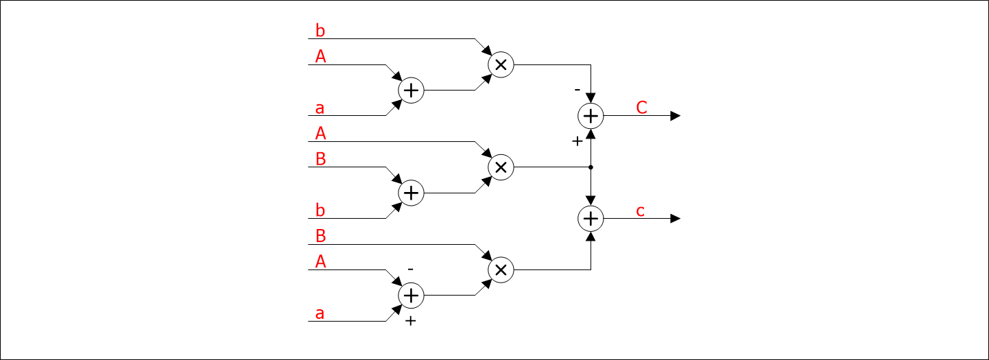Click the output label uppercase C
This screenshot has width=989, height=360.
coord(642,108)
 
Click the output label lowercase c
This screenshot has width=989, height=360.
coord(641,211)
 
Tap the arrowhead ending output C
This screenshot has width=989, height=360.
coord(676,116)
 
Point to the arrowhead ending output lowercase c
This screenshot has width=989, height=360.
coord(676,219)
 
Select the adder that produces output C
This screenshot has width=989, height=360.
coord(591,116)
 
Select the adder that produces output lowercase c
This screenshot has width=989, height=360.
coord(591,219)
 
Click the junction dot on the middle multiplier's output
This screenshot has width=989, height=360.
coord(591,167)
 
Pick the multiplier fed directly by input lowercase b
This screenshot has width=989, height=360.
coord(501,64)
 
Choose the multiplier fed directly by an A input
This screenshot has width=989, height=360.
coord(501,167)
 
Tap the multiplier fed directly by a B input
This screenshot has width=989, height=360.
coord(501,270)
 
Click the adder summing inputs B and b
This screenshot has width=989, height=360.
coord(411,193)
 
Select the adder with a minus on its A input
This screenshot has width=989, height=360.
coord(411,296)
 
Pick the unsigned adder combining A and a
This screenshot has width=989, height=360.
coord(411,90)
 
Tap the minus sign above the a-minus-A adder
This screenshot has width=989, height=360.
coord(410,269)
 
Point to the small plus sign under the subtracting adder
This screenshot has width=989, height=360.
coord(410,321)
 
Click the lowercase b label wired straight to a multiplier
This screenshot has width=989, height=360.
coord(320,31)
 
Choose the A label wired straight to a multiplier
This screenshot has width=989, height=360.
coord(320,134)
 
